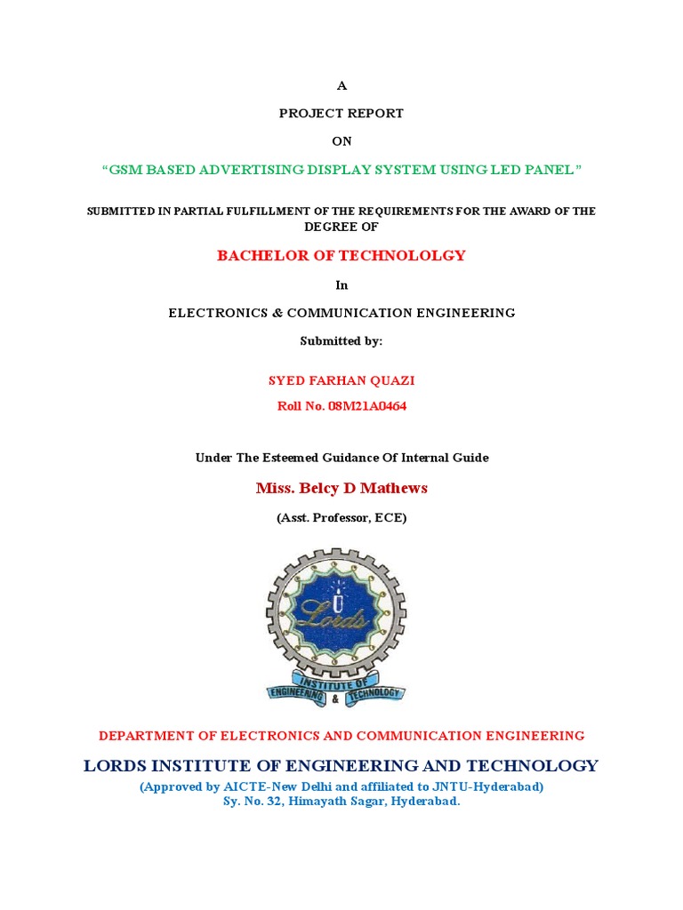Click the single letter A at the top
click(341, 85)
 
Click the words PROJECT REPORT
click(341, 114)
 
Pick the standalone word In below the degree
click(341, 285)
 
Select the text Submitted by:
click(341, 341)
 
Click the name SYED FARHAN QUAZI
click(341, 380)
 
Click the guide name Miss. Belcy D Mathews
click(341, 488)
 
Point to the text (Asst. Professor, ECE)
click(341, 518)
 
